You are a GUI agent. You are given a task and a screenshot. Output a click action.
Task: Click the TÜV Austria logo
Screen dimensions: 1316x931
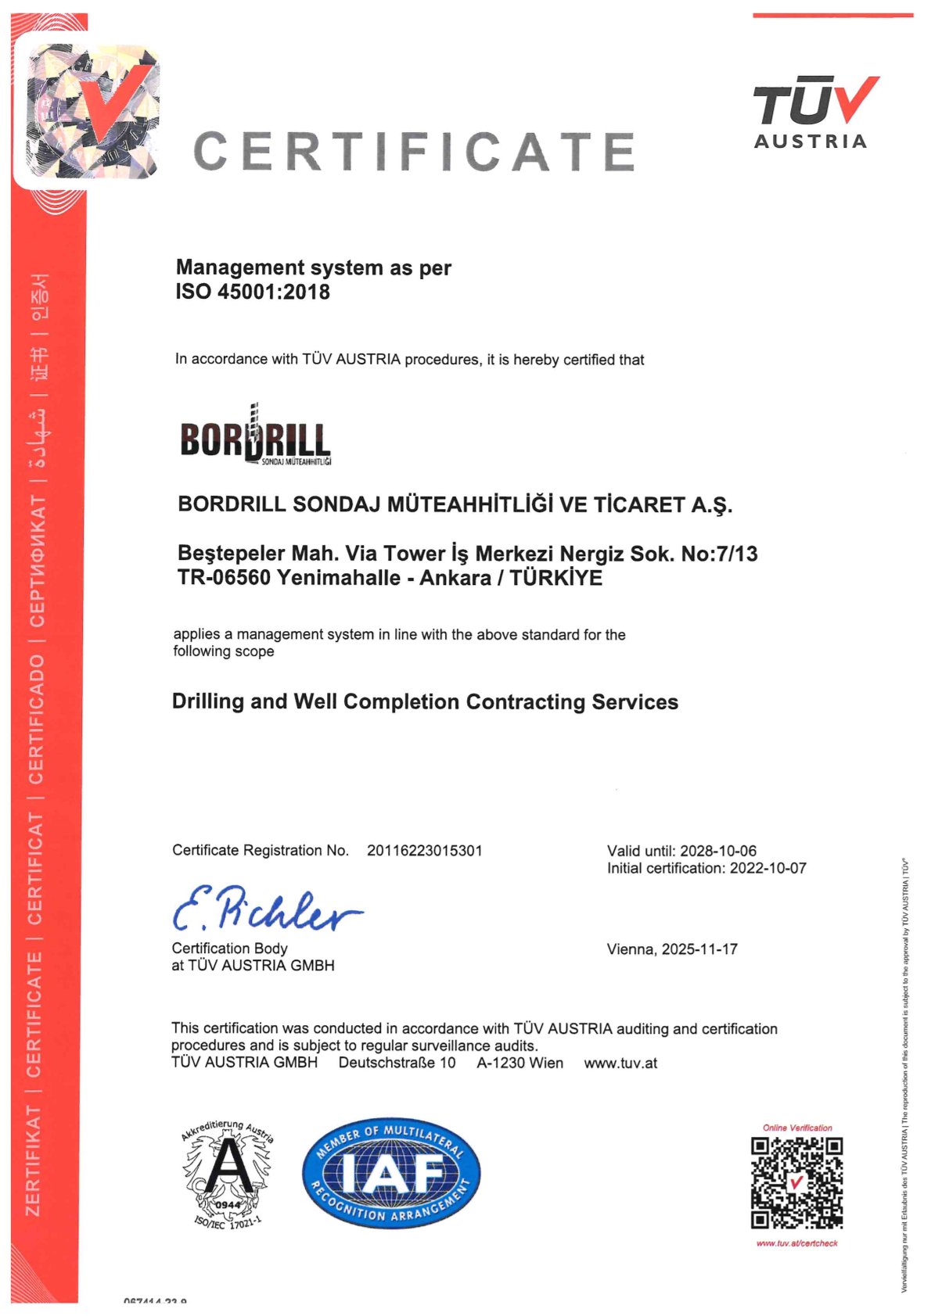(815, 113)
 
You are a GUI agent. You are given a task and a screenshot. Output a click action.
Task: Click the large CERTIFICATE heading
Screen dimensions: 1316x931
(414, 152)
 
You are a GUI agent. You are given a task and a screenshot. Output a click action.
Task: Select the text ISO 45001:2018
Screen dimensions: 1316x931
(253, 292)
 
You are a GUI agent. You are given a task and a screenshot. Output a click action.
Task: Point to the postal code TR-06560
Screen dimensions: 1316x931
(224, 579)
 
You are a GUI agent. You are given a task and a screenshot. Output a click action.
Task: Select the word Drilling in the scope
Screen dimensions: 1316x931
(208, 702)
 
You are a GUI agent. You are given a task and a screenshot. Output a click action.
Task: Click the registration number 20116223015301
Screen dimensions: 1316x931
(424, 851)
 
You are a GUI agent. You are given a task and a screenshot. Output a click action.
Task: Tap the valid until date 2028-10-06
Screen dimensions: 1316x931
(717, 851)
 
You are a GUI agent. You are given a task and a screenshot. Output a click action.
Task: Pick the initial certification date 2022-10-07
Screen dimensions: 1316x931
(767, 868)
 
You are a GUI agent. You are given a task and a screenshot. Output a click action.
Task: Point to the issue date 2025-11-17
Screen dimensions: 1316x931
(699, 949)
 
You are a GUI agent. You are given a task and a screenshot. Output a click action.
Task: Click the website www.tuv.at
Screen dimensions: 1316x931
(620, 1063)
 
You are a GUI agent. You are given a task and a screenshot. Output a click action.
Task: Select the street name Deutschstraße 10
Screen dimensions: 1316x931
(397, 1063)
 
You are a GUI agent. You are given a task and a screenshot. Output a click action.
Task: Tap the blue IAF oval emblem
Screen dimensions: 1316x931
(391, 1172)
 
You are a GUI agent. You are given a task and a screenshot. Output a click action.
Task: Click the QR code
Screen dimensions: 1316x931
(796, 1183)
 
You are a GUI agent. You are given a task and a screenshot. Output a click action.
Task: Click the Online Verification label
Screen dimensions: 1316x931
(797, 1128)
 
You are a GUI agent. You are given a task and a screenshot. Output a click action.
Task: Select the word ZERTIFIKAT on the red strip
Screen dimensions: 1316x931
(34, 1161)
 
